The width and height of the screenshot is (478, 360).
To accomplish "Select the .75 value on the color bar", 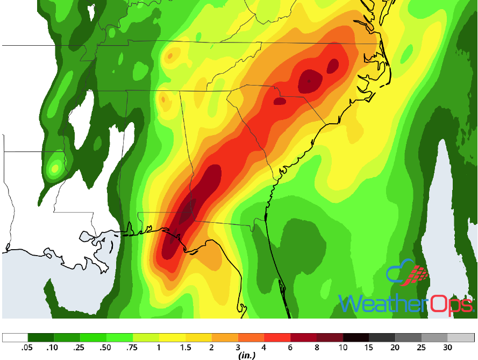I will [x=133, y=348].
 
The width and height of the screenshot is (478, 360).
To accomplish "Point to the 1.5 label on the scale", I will [x=186, y=348].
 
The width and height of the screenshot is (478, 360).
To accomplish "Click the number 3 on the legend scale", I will [x=238, y=348].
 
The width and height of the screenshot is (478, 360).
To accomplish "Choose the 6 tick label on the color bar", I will [x=291, y=348].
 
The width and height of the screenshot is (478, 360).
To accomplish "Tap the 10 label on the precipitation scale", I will [x=344, y=348].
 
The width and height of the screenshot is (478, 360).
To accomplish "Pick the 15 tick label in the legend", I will [x=370, y=348].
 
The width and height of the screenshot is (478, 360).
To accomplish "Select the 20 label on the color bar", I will [x=396, y=348].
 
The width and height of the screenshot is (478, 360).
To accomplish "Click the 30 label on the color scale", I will [x=449, y=348].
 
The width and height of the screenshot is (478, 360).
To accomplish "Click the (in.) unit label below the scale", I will [x=246, y=355].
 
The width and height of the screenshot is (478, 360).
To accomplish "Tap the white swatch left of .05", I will [x=15, y=338].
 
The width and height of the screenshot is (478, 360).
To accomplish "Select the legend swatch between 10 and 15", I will [x=356, y=338].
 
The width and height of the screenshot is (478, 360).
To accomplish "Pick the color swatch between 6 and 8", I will [x=304, y=338].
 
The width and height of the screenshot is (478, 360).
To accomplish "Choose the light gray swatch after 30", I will [x=461, y=338].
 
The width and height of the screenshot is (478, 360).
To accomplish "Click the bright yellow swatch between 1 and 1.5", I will [x=172, y=338].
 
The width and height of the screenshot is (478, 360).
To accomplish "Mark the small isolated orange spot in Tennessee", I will [x=170, y=55].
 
